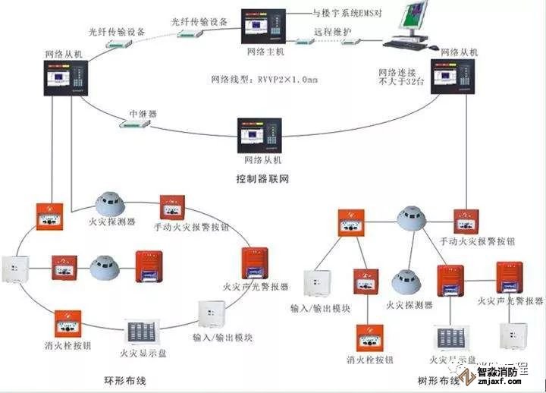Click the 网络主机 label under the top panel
tap(265, 52)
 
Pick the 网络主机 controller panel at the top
tap(265, 26)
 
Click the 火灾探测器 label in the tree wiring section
tap(409, 304)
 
